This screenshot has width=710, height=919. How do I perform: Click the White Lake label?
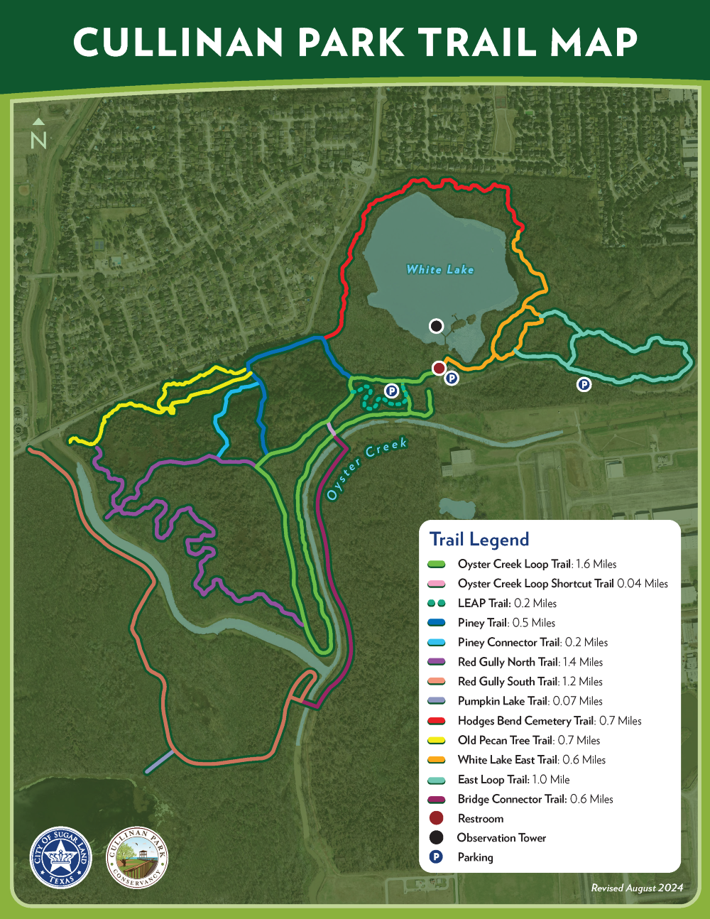click(x=439, y=269)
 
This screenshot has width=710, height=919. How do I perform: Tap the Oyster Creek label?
click(x=366, y=468)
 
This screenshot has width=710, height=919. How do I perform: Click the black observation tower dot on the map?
click(x=437, y=326)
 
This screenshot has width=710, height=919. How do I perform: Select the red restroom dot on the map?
click(x=439, y=367)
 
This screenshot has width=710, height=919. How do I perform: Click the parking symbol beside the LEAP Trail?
click(x=391, y=391)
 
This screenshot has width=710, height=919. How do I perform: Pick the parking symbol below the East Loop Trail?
click(x=584, y=384)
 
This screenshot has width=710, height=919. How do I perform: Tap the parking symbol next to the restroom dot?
click(x=452, y=379)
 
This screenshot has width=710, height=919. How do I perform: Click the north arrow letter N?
click(x=38, y=141)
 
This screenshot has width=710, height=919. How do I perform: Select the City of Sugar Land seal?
click(x=61, y=858)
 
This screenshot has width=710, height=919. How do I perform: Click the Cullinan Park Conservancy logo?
click(x=137, y=858)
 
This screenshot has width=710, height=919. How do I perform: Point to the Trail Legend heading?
click(x=479, y=540)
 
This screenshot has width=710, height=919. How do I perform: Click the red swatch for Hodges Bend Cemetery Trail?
click(x=437, y=721)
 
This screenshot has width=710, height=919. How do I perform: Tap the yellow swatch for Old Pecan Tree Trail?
click(x=437, y=740)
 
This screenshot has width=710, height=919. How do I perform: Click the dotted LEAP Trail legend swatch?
click(x=437, y=603)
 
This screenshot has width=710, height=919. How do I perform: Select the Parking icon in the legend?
click(x=436, y=857)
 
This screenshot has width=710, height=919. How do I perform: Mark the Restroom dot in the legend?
click(x=436, y=818)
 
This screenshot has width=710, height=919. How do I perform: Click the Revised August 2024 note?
click(x=637, y=888)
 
